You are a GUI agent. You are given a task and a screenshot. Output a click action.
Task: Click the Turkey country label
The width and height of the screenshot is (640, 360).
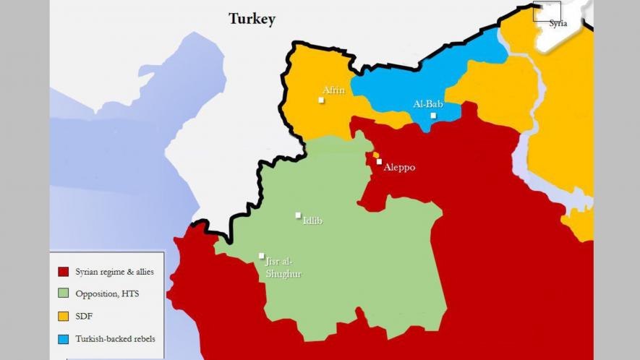pyautogui.click(x=252, y=20)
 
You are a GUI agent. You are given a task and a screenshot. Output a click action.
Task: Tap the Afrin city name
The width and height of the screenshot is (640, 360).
pyautogui.click(x=333, y=90)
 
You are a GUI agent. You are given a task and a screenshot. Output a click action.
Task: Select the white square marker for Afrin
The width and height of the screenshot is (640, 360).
pyautogui.click(x=321, y=100)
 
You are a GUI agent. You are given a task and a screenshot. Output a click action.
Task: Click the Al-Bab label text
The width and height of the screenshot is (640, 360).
pyautogui.click(x=427, y=104)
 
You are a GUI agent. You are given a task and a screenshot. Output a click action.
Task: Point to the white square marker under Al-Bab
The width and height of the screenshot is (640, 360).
pyautogui.click(x=433, y=116)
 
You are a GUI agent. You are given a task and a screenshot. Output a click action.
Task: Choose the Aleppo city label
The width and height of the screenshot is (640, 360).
pyautogui.click(x=399, y=168)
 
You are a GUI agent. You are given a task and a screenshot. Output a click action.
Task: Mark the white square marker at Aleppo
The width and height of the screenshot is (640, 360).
pyautogui.click(x=378, y=162)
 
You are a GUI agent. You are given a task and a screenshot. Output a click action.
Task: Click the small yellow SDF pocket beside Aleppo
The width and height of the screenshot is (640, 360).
pyautogui.click(x=375, y=155)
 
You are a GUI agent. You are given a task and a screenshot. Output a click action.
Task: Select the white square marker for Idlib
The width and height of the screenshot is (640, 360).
pyautogui.click(x=298, y=215)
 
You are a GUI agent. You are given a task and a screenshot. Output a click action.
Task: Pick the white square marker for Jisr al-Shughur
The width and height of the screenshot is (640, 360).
pyautogui.click(x=261, y=255)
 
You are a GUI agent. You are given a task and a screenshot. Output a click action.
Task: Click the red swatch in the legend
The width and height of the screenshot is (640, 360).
pyautogui.click(x=63, y=272)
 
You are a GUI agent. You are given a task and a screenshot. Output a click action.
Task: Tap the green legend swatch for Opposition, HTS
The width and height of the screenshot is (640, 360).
pyautogui.click(x=63, y=293)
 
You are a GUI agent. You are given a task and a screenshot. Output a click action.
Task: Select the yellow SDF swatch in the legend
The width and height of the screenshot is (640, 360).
pyautogui.click(x=63, y=316)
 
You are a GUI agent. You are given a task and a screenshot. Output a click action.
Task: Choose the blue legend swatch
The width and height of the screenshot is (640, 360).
pyautogui.click(x=63, y=338)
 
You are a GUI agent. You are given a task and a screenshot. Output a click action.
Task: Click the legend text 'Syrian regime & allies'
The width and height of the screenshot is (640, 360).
pyautogui.click(x=114, y=272)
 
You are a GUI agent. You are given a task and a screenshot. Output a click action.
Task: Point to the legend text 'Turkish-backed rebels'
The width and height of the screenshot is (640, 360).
pyautogui.click(x=115, y=338)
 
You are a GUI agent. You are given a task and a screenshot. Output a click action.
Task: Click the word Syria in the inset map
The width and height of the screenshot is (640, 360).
pyautogui.click(x=558, y=24)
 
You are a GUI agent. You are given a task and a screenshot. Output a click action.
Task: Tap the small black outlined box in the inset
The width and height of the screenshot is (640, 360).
pyautogui.click(x=547, y=11)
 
